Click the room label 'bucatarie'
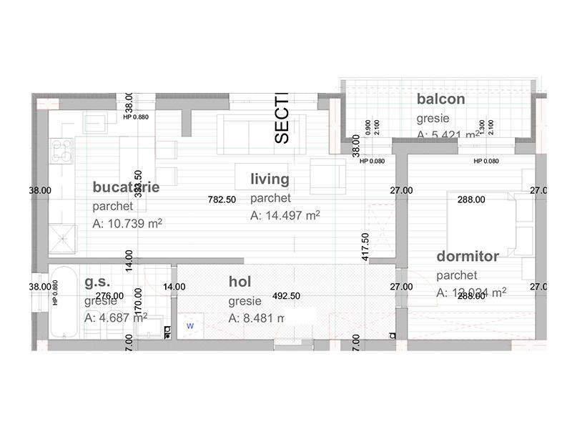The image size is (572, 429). click(x=126, y=187)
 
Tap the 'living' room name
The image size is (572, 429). click(x=270, y=179)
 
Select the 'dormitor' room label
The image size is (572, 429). click(x=468, y=255)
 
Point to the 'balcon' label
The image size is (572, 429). click(x=441, y=99)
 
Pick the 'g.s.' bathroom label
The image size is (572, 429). click(x=97, y=282)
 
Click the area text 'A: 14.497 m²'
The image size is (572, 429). click(x=285, y=215)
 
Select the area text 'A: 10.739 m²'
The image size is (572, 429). click(x=127, y=224)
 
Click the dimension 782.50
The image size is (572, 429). click(x=222, y=199)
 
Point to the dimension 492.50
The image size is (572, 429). click(x=286, y=295)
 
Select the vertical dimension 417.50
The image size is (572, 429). click(x=365, y=246)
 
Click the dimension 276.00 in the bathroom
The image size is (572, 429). click(x=109, y=295)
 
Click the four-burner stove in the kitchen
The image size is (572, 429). click(x=61, y=150)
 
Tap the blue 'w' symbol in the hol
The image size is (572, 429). click(x=189, y=325)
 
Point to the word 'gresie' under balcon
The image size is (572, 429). click(x=433, y=118)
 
